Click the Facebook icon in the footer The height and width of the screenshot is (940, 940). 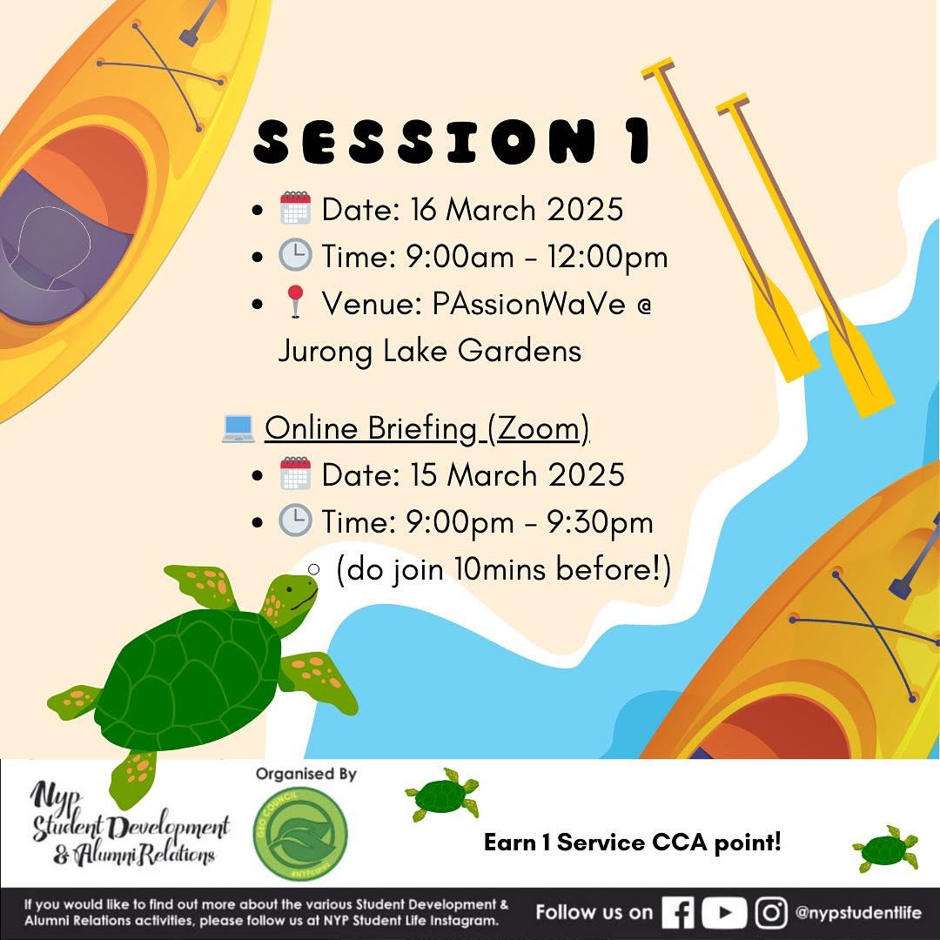click(677, 912)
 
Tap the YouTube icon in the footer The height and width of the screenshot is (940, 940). click(724, 912)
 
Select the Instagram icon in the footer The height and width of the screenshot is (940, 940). click(771, 912)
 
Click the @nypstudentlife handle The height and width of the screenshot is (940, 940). click(858, 912)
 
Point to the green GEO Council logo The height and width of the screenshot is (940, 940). click(300, 833)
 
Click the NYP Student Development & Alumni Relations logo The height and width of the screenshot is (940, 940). click(130, 822)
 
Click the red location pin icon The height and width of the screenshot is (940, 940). click(295, 301)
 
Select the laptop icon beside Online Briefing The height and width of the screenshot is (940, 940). click(238, 428)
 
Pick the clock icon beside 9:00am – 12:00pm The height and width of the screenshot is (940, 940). click(295, 255)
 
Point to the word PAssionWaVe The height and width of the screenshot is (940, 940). click(529, 304)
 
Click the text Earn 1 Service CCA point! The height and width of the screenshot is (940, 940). click(633, 843)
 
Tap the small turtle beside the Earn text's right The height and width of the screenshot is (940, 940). click(885, 849)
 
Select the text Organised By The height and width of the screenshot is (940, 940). click(305, 774)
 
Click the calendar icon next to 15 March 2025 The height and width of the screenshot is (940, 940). click(295, 473)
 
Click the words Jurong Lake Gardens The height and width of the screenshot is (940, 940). click(429, 352)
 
